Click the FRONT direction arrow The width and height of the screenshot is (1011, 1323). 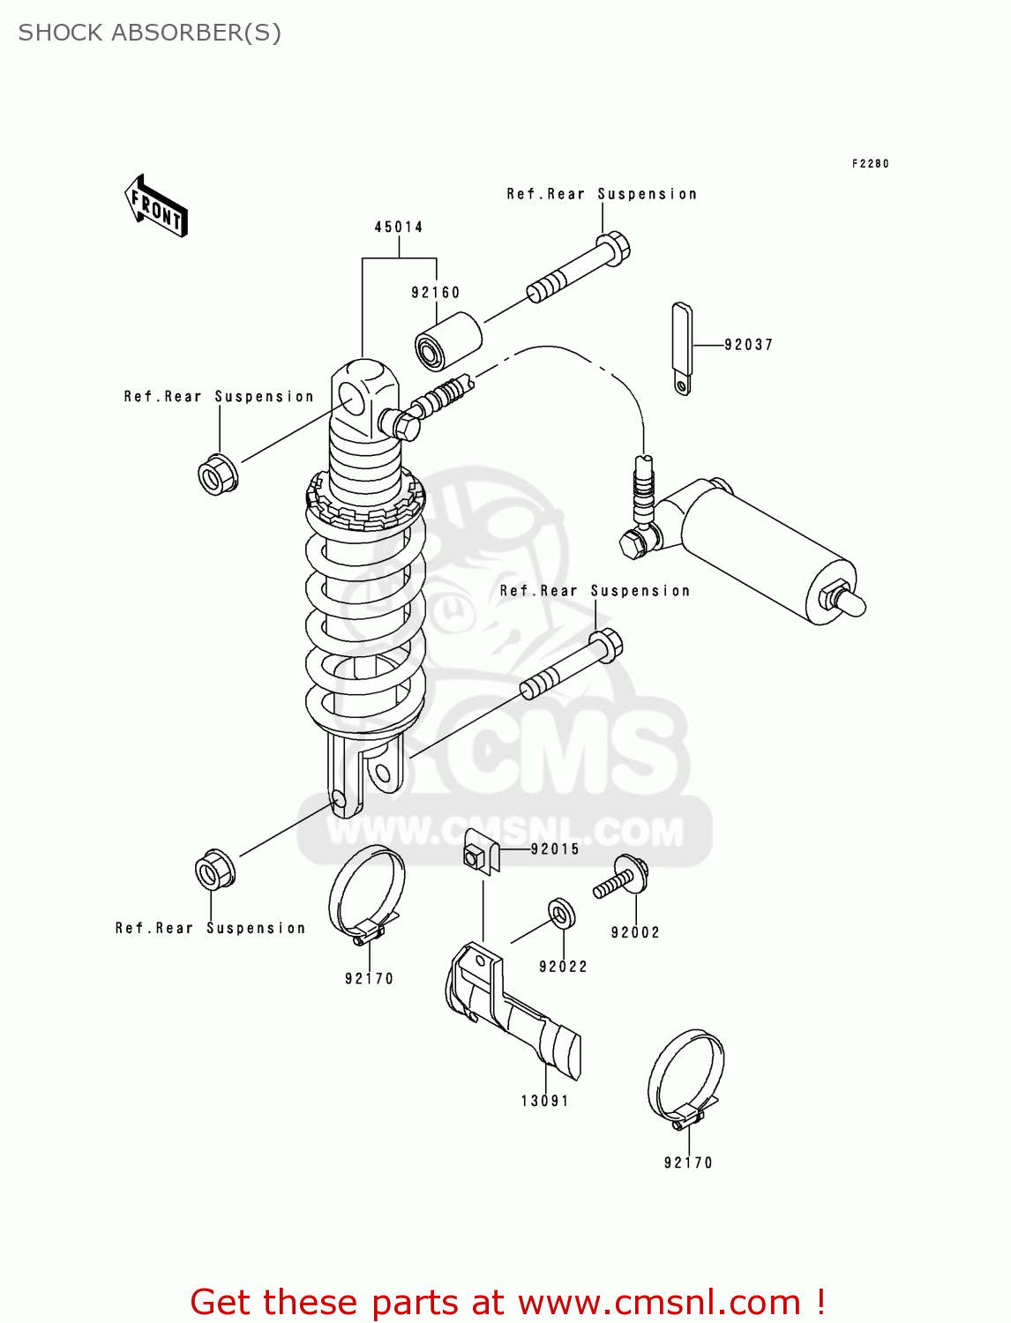click(157, 206)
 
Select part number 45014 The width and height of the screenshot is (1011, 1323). click(399, 228)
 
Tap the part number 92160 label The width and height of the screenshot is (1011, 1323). click(436, 293)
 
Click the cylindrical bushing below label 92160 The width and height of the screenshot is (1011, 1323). click(448, 342)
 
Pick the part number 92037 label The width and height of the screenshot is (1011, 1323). click(748, 345)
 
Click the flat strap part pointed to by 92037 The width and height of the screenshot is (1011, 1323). click(682, 348)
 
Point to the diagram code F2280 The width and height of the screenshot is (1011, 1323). click(870, 164)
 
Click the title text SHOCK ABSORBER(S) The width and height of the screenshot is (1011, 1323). click(150, 33)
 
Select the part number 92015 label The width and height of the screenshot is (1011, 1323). click(555, 849)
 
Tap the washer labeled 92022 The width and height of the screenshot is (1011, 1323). click(561, 914)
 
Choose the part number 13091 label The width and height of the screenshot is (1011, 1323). click(545, 1101)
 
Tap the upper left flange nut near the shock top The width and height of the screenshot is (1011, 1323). click(217, 474)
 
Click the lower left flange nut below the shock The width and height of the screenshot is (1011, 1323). click(214, 871)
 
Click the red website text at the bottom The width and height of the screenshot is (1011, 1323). click(507, 1302)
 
